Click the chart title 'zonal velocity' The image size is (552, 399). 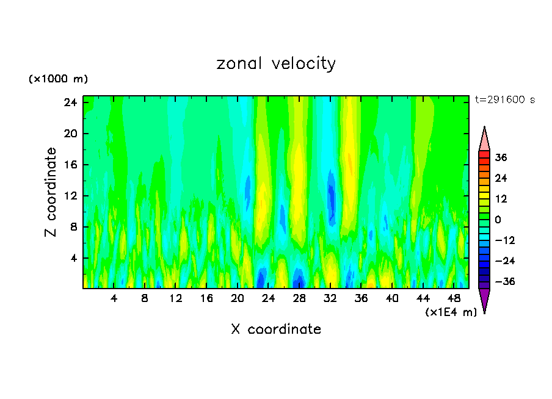tap(276, 63)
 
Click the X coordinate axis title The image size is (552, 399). tap(276, 329)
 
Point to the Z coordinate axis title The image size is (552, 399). tap(51, 192)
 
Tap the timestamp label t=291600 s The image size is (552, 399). tap(504, 100)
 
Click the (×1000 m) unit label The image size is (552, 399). tap(58, 79)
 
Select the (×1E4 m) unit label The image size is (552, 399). tap(451, 312)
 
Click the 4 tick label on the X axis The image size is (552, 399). tap(114, 298)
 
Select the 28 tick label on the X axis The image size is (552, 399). tap(299, 298)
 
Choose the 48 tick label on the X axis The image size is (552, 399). tap(454, 298)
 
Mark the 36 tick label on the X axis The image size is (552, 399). tap(361, 298)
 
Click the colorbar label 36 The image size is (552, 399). tap(501, 157)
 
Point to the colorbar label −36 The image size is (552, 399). tap(499, 282)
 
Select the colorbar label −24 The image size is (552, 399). tap(499, 261)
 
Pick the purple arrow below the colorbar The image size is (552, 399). tap(484, 300)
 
